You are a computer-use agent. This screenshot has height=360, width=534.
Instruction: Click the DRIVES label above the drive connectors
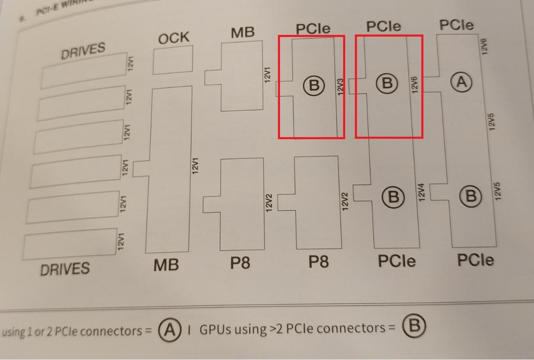tap(83, 51)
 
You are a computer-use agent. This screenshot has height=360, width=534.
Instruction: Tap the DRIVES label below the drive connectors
tap(65, 269)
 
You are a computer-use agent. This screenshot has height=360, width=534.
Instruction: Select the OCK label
tap(174, 38)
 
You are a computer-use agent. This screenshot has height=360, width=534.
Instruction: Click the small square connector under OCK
tap(173, 61)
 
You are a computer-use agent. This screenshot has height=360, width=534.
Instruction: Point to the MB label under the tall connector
tap(166, 265)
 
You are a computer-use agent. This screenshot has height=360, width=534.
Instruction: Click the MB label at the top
tap(243, 32)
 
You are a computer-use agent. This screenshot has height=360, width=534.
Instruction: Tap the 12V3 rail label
tap(341, 86)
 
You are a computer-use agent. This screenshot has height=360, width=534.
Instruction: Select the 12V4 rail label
tap(421, 192)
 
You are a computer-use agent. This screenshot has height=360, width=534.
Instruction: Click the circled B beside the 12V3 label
tap(314, 85)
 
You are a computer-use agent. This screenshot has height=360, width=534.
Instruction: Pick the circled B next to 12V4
tap(393, 197)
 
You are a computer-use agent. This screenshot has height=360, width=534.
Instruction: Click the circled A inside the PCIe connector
tap(461, 82)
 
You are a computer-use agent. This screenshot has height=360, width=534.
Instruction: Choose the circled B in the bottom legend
tap(414, 326)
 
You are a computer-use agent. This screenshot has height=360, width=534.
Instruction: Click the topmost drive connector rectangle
tap(84, 70)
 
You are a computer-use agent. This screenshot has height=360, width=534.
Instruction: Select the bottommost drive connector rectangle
tap(70, 244)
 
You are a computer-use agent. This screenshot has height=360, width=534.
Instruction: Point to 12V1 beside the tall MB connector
tap(195, 166)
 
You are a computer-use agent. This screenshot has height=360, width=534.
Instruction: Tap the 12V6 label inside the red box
tap(415, 85)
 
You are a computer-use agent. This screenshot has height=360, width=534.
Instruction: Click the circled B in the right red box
tap(386, 83)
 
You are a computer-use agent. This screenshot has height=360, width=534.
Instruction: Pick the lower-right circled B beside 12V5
tap(470, 196)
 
